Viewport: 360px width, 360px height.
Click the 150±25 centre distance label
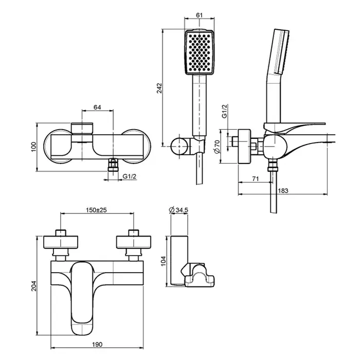click(x=96, y=210)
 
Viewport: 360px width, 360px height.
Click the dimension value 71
click(x=255, y=178)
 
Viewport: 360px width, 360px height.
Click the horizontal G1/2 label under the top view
click(x=130, y=177)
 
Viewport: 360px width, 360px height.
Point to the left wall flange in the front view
click(x=61, y=242)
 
